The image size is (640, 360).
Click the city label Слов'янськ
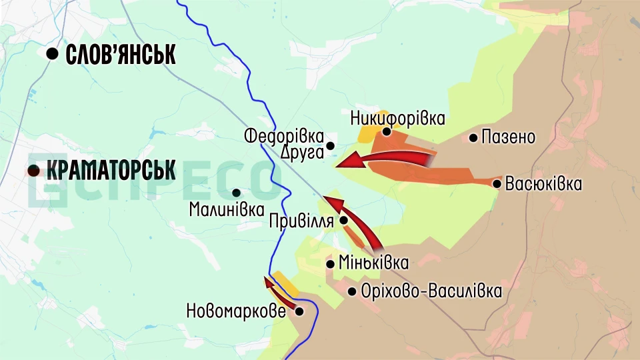[121, 55]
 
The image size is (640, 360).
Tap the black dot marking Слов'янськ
[52, 55]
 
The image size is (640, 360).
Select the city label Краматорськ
[111, 170]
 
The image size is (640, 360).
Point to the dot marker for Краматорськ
[33, 171]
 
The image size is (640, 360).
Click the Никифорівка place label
[397, 119]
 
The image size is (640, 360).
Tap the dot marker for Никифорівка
[386, 131]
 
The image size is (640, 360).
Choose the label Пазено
[509, 138]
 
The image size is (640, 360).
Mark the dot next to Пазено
[473, 138]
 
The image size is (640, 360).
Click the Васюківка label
[543, 183]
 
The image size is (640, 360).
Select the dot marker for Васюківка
[497, 183]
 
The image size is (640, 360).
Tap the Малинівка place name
[227, 209]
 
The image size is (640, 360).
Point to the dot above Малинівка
[236, 193]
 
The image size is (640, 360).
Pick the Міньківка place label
[373, 263]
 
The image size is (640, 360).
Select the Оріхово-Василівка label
[430, 291]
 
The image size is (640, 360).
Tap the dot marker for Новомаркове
[299, 311]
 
